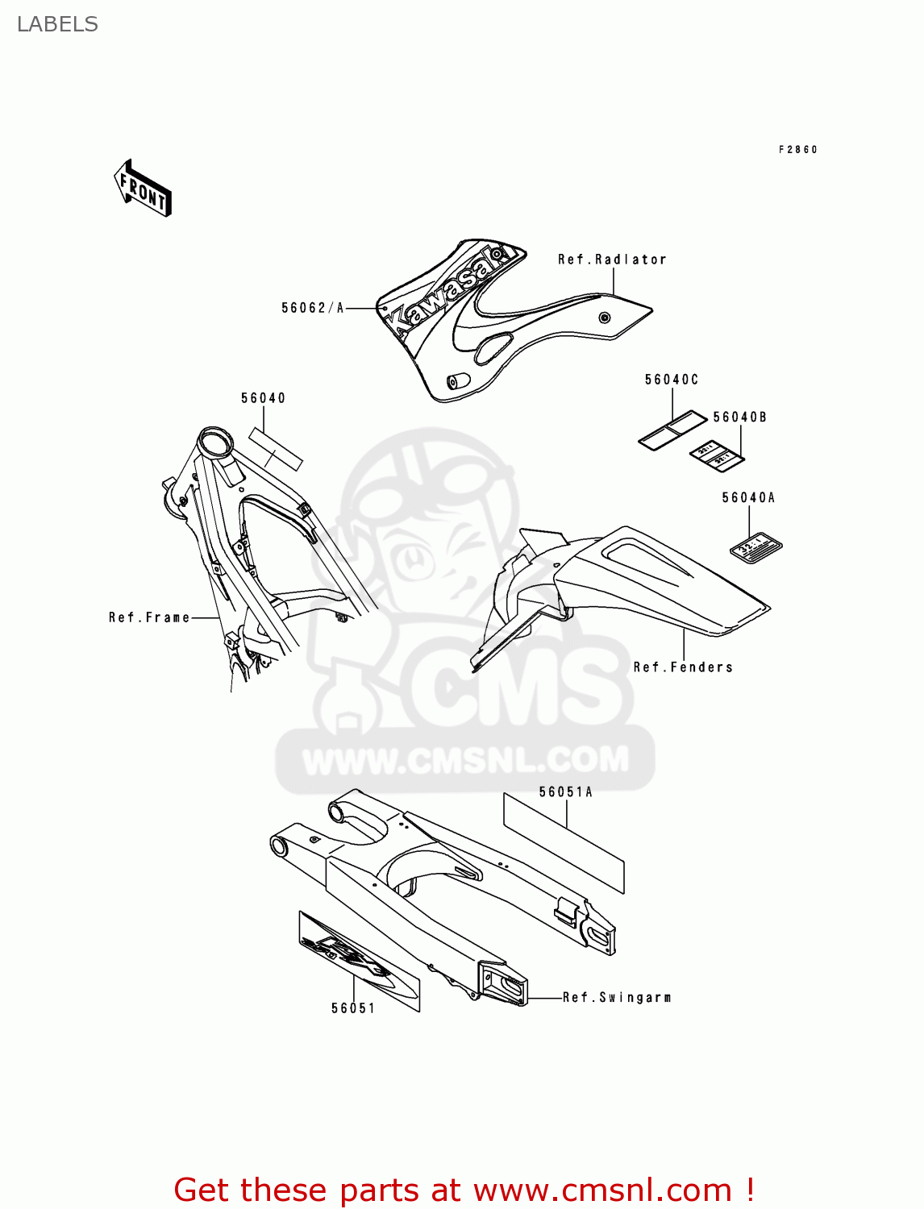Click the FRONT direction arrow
click(x=143, y=189)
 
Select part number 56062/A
click(x=313, y=308)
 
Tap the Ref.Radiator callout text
click(x=612, y=260)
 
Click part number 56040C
click(x=671, y=380)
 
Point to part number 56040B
click(x=739, y=418)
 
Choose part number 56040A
click(x=748, y=498)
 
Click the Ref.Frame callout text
click(x=149, y=617)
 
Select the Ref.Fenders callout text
click(x=683, y=667)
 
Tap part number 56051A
click(x=565, y=792)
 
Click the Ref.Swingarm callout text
click(x=617, y=998)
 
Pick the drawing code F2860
click(x=797, y=150)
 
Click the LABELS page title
click(x=57, y=24)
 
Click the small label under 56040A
click(x=755, y=546)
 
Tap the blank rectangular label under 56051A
click(x=564, y=842)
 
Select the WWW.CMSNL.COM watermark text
click(x=465, y=759)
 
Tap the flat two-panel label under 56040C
click(x=672, y=430)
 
